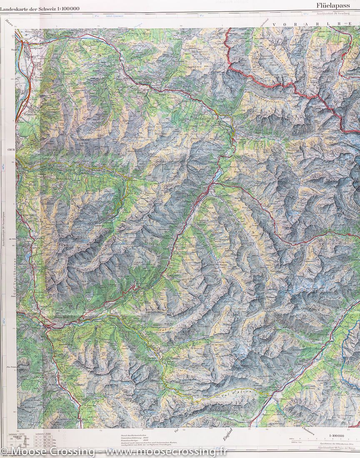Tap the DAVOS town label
tap(211, 199)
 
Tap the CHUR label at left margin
tap(10, 148)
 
